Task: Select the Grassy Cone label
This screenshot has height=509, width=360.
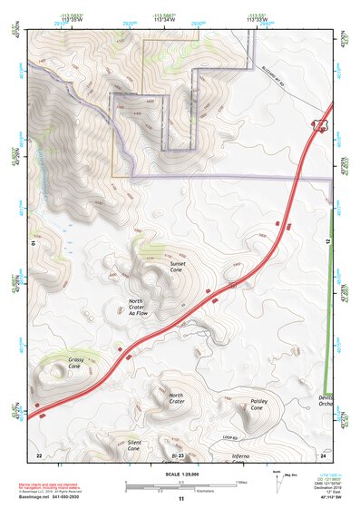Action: coord(76,364)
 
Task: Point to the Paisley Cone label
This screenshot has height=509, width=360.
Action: coord(256,405)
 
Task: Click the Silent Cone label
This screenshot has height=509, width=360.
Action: coord(133,445)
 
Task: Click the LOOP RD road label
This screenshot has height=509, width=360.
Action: coord(229,438)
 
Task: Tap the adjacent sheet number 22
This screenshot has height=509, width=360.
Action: coord(38,454)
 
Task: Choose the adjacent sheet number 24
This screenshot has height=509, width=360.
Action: coord(323,454)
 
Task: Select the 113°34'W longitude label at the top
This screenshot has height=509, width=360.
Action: coord(164,18)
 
